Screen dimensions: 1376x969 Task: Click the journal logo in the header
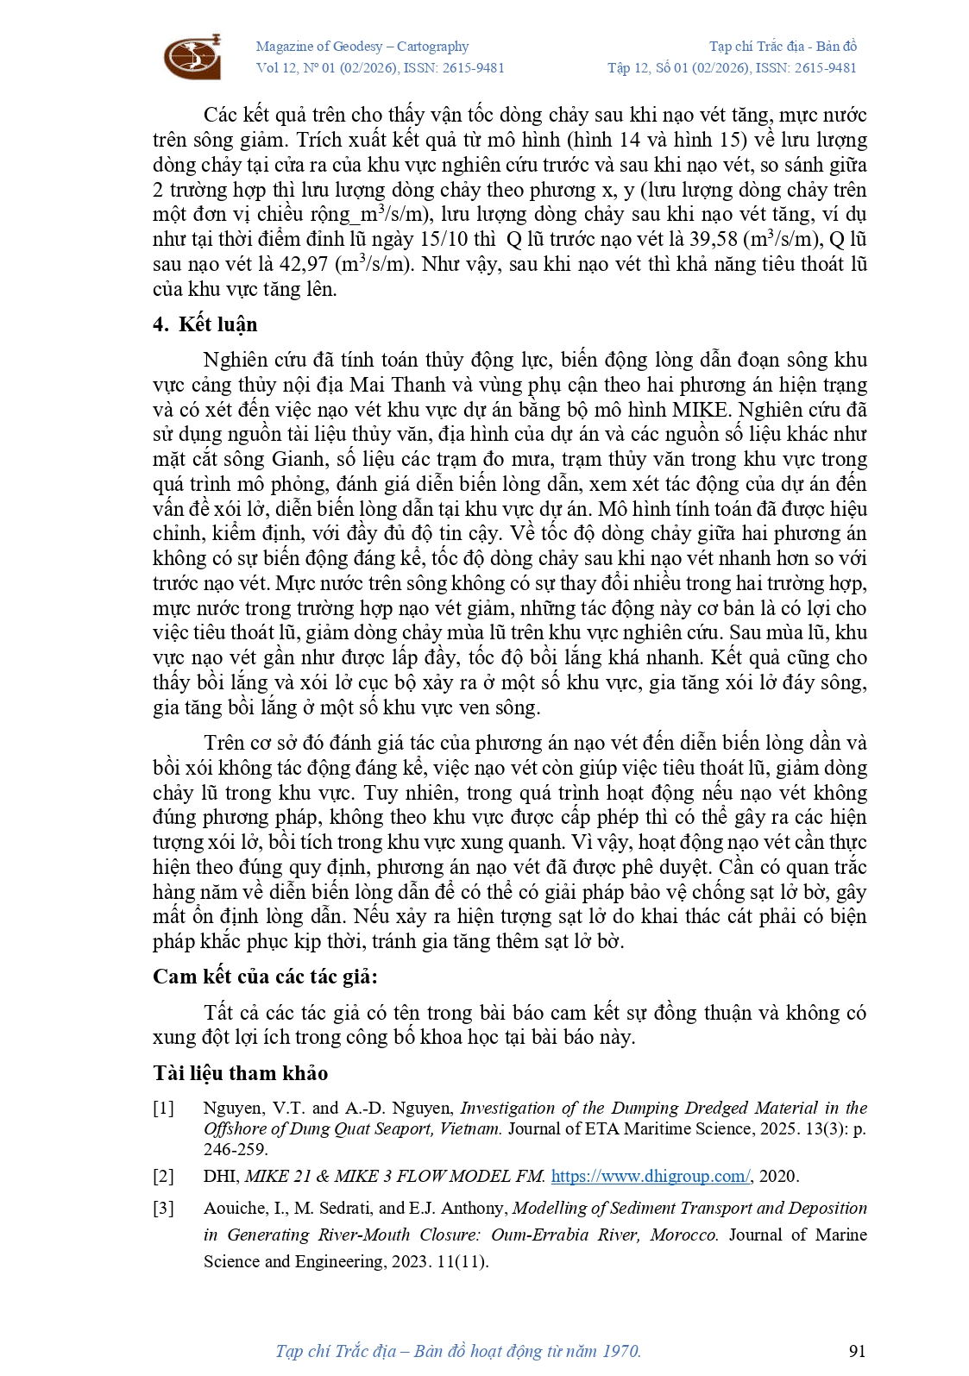tap(192, 57)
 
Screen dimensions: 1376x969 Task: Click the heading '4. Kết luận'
tap(204, 324)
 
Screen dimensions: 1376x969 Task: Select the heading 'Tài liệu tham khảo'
tap(240, 1073)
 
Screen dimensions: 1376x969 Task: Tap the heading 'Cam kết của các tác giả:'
tap(265, 977)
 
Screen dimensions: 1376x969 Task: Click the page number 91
tap(857, 1351)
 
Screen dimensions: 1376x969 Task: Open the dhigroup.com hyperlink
tap(651, 1176)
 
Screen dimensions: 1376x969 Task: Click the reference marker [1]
tap(163, 1108)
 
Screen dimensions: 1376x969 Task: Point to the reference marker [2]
tap(163, 1176)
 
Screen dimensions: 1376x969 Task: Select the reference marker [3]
tap(163, 1208)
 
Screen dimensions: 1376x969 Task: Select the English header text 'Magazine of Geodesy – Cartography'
tap(362, 47)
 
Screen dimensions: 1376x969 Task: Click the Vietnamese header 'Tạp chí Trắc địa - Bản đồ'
tap(783, 47)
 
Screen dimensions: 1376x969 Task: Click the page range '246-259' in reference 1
tap(235, 1149)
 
